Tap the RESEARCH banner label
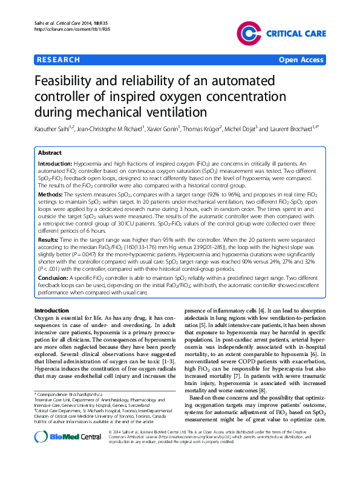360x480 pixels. coord(58,60)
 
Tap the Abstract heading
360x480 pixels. coord(50,154)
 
